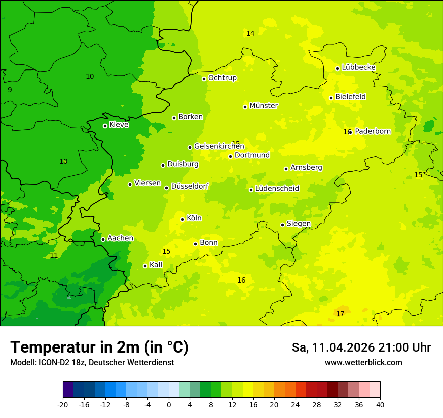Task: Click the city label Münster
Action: [x=264, y=106]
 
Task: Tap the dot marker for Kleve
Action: [x=105, y=126]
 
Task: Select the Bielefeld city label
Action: [x=350, y=97]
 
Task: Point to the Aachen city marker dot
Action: [x=103, y=239]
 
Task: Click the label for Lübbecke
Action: [x=358, y=67]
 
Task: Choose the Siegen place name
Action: [x=299, y=224]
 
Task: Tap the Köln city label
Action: [x=194, y=218]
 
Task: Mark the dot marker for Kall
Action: [x=145, y=266]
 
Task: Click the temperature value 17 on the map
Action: [x=340, y=314]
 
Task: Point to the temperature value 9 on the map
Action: [x=10, y=90]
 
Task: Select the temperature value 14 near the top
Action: [x=250, y=33]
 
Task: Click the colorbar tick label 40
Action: [x=380, y=404]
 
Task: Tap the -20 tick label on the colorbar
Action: [x=63, y=404]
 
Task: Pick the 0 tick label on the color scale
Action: [x=169, y=404]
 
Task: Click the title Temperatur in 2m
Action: [x=99, y=347]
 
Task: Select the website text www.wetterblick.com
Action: [x=363, y=363]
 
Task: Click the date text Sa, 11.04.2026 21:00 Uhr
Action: [x=361, y=347]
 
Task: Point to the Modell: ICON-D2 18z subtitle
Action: [x=92, y=363]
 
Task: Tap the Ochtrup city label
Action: [x=222, y=78]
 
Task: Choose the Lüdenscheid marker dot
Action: [x=251, y=190]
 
